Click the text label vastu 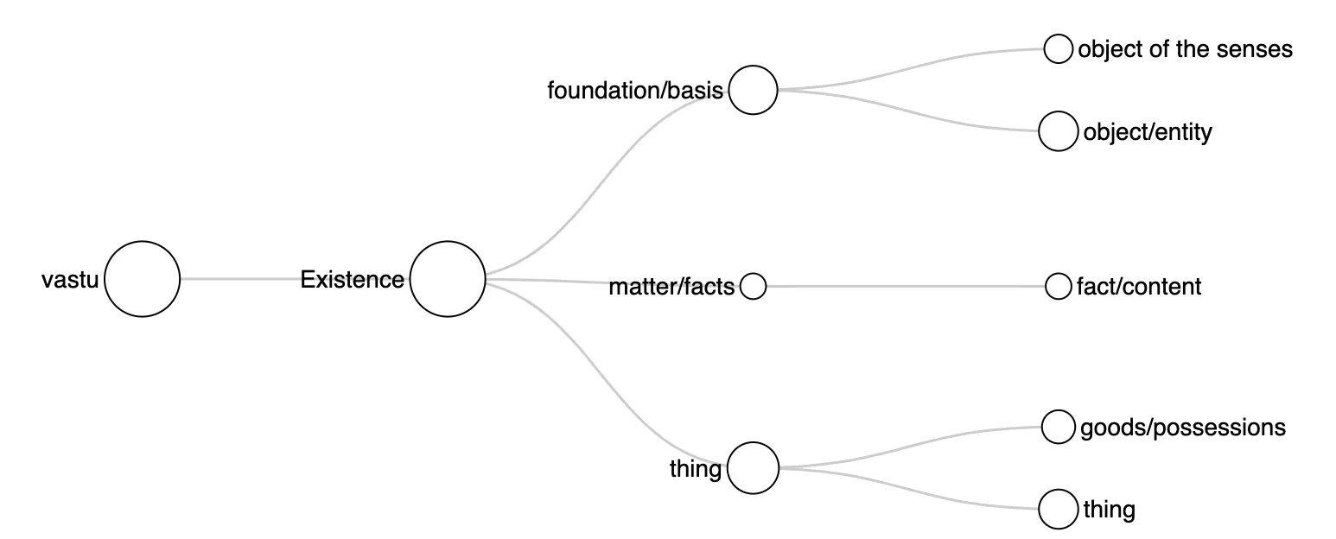(70, 280)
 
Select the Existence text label (352, 280)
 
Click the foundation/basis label (635, 91)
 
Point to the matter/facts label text (671, 287)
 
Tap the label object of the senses (1185, 49)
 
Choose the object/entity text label (1148, 132)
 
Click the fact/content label (1139, 287)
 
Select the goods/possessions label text (1183, 428)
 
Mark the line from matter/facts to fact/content (906, 286)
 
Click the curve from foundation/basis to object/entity (907, 111)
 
